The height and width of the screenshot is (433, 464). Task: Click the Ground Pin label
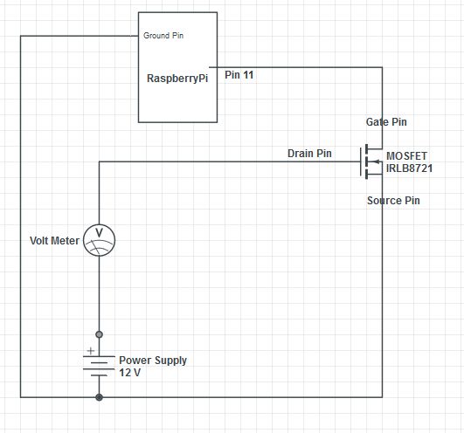163,36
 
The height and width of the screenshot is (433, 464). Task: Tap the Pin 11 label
239,75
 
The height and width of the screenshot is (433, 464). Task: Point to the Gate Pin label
385,122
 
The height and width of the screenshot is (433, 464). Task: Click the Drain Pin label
309,154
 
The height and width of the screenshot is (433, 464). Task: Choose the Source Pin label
392,201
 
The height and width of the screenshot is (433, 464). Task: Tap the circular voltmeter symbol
99,240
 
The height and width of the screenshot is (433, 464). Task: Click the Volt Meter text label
54,240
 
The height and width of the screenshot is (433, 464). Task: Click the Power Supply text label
153,360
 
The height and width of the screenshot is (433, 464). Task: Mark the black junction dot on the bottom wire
99,397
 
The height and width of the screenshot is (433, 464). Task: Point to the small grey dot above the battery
99,334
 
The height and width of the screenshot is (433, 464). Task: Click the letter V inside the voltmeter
99,234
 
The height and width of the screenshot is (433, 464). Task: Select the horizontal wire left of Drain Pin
192,162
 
